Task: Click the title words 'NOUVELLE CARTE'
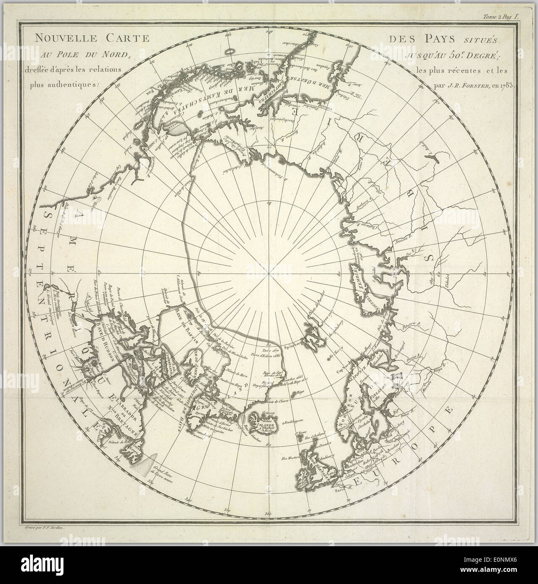point(92,38)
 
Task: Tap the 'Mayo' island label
point(300,394)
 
